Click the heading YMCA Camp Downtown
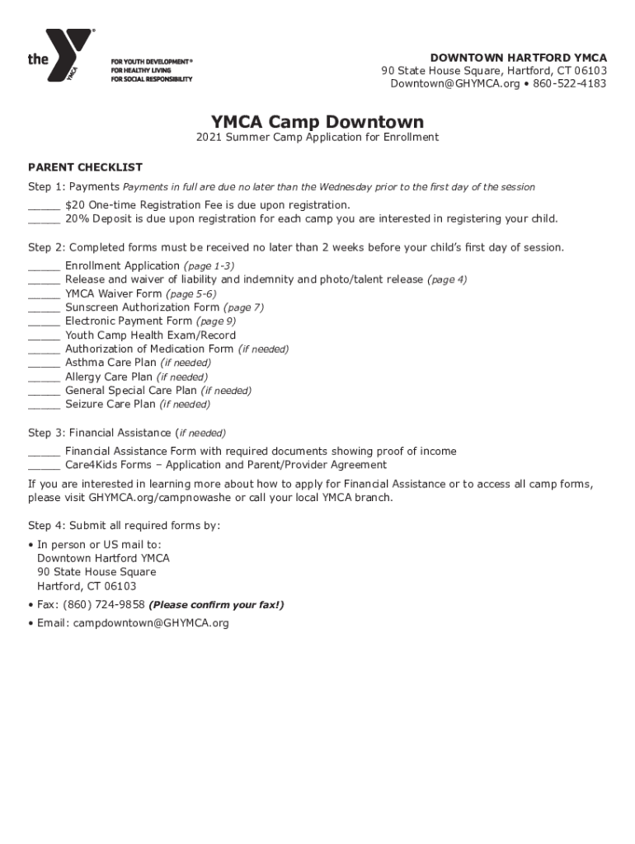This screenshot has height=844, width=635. [317, 122]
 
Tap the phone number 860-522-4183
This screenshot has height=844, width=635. [569, 84]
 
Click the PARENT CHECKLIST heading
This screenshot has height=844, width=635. [85, 167]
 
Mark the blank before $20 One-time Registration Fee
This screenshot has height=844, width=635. [44, 206]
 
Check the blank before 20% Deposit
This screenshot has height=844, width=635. [44, 220]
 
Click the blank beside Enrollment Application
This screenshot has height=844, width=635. [44, 267]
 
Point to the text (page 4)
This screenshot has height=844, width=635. [447, 280]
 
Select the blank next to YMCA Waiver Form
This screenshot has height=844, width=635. [44, 295]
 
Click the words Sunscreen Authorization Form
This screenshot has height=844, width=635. [143, 307]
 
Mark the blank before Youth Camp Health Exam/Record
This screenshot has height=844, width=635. [44, 336]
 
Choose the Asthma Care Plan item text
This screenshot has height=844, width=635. [111, 363]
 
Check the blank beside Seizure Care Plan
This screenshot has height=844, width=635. [44, 406]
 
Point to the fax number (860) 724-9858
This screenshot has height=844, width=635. [109, 605]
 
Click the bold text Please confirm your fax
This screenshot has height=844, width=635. [216, 605]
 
